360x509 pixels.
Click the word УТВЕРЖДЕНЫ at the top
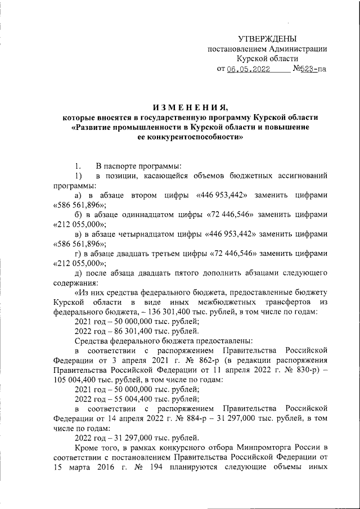tap(267, 38)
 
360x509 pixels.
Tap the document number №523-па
tap(309, 69)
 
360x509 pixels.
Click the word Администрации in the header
tap(298, 48)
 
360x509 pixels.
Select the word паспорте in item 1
tap(121, 167)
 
